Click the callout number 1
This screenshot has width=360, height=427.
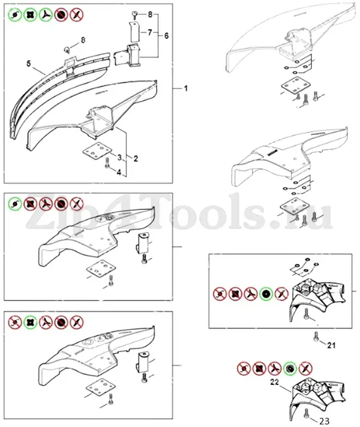click(185, 89)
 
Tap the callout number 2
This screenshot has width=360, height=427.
click(136, 158)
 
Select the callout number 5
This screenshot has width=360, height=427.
click(29, 64)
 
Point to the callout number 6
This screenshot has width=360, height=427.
click(166, 35)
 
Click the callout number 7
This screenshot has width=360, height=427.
click(149, 32)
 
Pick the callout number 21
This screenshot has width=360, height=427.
click(331, 345)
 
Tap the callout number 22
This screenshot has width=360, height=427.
click(274, 382)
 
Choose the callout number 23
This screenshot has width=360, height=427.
click(324, 421)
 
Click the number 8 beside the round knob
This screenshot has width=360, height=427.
click(83, 40)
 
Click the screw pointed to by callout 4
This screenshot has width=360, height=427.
click(107, 163)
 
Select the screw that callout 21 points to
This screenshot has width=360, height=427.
click(316, 336)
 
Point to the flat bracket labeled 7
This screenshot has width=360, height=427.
click(134, 32)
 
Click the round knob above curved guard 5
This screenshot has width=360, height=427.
click(67, 50)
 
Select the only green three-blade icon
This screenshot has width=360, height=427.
click(45, 15)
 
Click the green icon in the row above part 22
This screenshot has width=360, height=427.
click(290, 369)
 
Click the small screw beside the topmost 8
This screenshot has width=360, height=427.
click(134, 13)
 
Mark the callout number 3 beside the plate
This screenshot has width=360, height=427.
click(119, 157)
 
